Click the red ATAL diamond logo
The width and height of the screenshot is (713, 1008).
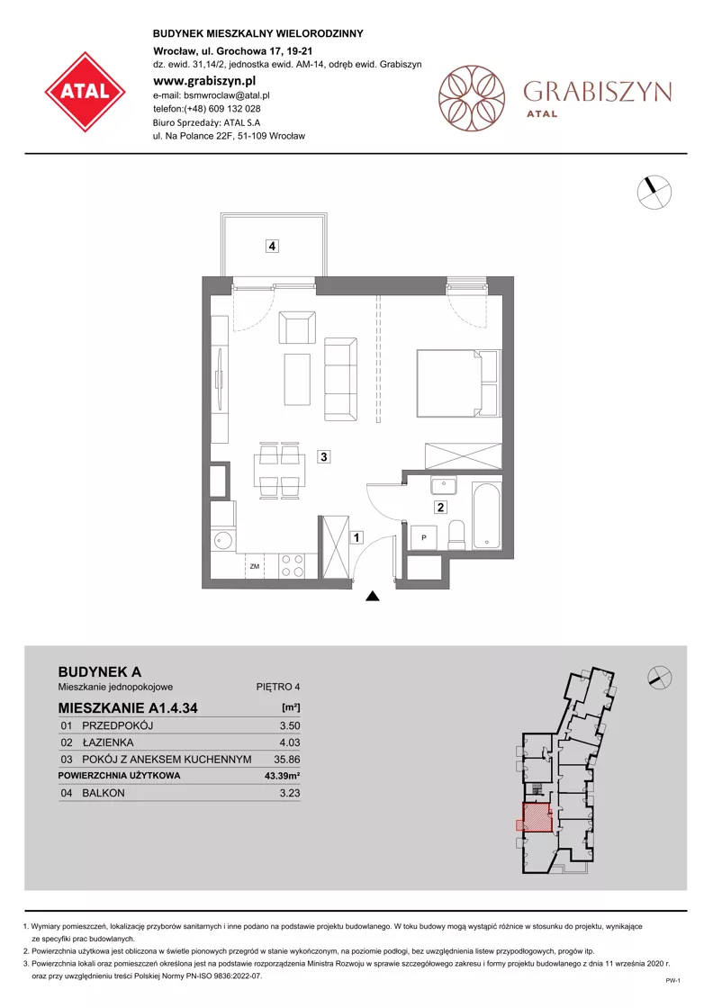[x=86, y=92]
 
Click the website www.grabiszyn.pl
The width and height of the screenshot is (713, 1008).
[x=204, y=81]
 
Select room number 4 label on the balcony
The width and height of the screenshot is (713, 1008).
[x=273, y=246]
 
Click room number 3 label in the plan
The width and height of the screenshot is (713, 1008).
[x=324, y=457]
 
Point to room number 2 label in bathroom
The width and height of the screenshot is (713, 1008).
[x=440, y=508]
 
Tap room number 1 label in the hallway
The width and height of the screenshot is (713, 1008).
[x=356, y=536]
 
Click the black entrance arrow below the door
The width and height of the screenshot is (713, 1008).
[x=372, y=597]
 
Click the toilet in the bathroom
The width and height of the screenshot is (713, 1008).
[x=456, y=535]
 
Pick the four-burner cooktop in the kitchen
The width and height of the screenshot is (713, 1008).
[x=293, y=566]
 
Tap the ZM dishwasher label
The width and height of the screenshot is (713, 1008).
[x=255, y=566]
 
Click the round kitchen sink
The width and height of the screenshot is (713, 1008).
[x=223, y=540]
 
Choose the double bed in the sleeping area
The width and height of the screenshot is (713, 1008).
[x=458, y=383]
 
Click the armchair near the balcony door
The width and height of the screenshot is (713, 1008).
[x=297, y=328]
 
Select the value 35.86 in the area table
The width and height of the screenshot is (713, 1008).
[x=287, y=760]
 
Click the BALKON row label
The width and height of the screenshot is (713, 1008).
[x=104, y=793]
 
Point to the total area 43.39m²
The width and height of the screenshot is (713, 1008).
[x=283, y=776]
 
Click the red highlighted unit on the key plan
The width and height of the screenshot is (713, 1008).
[x=537, y=818]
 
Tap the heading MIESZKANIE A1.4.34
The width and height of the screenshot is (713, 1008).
[x=128, y=708]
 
